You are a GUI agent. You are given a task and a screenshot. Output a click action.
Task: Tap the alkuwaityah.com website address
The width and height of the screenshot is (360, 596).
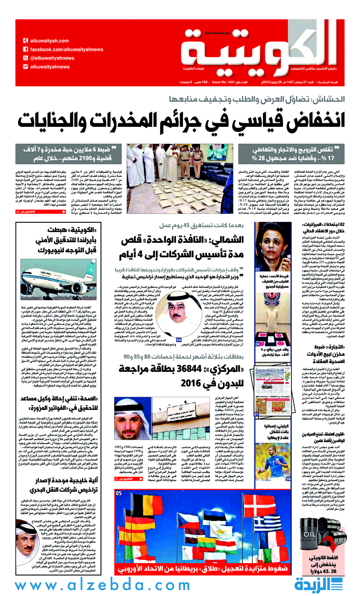48,41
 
